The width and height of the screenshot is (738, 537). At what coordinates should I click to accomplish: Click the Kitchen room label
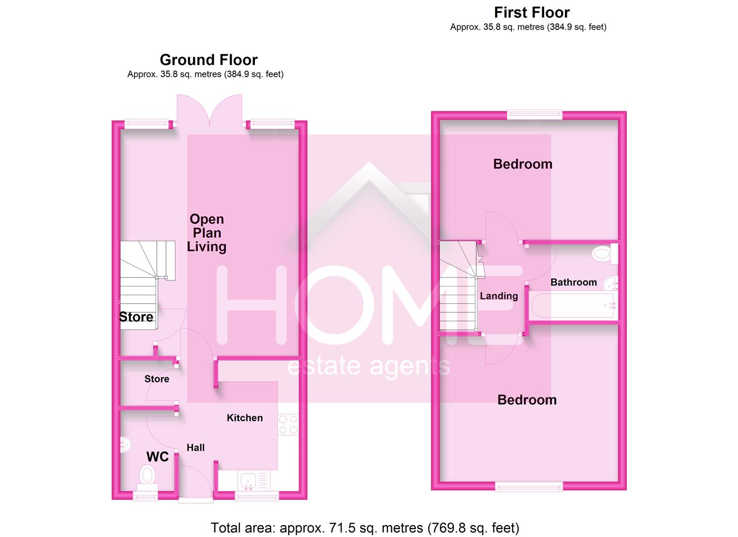point(245,418)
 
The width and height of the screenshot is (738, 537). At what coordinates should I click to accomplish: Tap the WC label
point(157,457)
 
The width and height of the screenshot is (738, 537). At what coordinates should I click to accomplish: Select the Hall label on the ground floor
point(195,448)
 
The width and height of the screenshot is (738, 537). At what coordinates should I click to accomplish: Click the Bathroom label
point(574,282)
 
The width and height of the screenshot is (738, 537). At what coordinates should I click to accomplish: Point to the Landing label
point(498,296)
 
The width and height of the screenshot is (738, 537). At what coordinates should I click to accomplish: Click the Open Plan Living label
point(207,233)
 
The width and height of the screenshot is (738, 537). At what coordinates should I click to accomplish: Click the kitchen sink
point(248,480)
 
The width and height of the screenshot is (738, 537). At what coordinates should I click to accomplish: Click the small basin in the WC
point(125,444)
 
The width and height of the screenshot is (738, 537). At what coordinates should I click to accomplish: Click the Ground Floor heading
point(208,60)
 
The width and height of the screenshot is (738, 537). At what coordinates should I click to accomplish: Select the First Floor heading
point(531,12)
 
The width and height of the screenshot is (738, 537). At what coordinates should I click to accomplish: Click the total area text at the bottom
point(365,528)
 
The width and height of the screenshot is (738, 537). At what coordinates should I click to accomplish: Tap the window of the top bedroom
point(534,115)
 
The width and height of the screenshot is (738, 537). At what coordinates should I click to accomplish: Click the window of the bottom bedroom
point(529,486)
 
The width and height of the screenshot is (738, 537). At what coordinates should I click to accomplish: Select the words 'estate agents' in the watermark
point(369,367)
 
